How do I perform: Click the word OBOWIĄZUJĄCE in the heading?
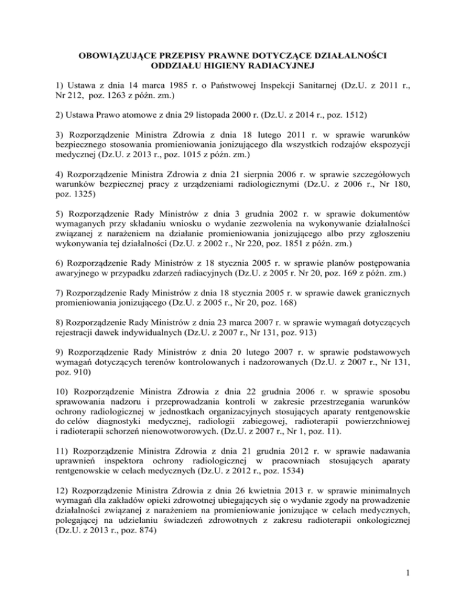coord(119,56)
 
